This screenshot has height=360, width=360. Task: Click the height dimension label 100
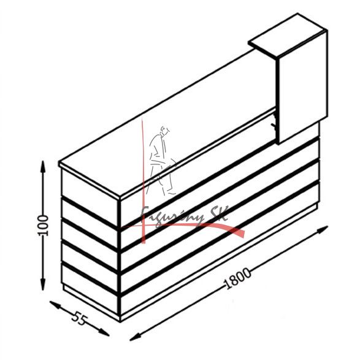click(x=43, y=226)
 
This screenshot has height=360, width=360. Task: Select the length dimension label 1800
click(x=237, y=278)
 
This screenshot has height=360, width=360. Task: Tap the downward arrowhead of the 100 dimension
click(x=43, y=284)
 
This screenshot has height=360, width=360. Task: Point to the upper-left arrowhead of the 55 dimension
click(x=55, y=305)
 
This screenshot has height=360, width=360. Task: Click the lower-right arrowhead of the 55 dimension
click(x=104, y=332)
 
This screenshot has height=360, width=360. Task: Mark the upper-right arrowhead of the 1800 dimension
click(x=322, y=229)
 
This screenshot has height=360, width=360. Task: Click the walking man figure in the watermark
click(x=161, y=161)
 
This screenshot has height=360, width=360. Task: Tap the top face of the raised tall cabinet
click(x=288, y=35)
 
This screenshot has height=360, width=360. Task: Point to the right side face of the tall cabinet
click(x=303, y=87)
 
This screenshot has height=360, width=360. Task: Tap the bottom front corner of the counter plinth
click(x=120, y=321)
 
